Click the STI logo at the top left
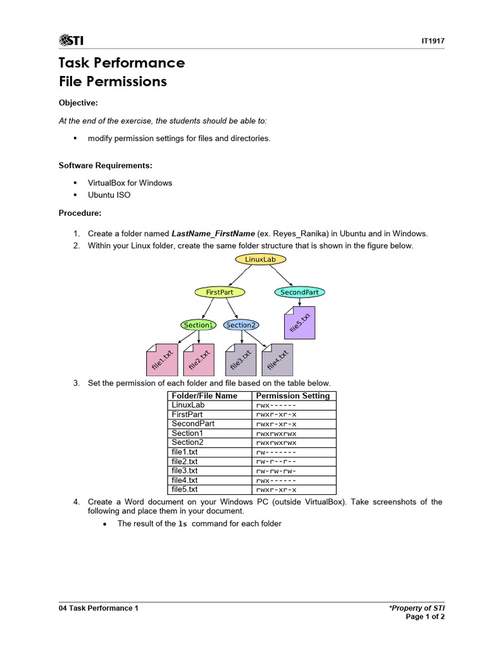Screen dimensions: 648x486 pos(71,41)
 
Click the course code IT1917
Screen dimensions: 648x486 pos(433,41)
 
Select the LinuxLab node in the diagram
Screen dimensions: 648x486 pos(260,259)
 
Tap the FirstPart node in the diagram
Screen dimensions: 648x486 pos(220,292)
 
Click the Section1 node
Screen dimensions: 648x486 pos(198,325)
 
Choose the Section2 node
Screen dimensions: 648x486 pos(241,325)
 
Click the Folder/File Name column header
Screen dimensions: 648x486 pos(204,396)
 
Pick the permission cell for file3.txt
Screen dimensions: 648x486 pos(276,471)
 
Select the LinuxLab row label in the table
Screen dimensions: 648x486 pos(188,405)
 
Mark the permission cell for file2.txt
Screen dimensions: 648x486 pos(276,461)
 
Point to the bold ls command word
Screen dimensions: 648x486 pos(183,524)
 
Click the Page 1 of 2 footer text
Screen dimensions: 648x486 pos(425,617)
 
